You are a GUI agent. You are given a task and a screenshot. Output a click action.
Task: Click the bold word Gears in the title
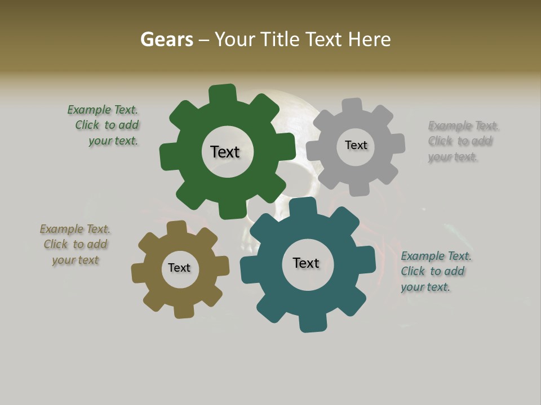click(166, 39)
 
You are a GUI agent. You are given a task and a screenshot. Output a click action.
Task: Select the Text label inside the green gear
click(225, 152)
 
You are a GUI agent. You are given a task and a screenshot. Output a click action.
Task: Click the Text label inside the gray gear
click(356, 145)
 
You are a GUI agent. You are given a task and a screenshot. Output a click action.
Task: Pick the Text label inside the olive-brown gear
click(179, 268)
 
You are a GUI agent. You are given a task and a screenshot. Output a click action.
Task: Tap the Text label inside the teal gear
click(306, 263)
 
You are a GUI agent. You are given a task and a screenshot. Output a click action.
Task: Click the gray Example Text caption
click(462, 141)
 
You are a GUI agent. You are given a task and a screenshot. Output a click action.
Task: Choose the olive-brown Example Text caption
click(75, 245)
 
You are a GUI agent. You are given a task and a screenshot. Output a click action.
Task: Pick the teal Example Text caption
click(435, 271)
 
